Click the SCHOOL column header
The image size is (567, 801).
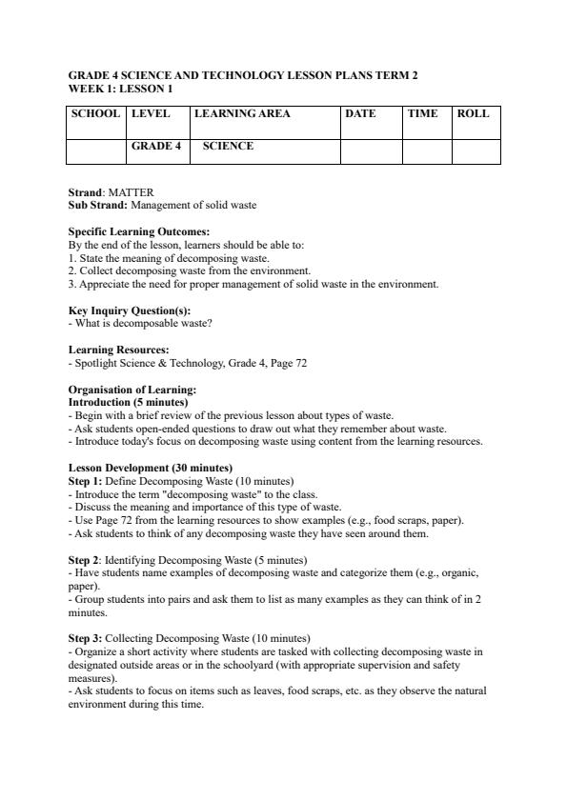coord(95,114)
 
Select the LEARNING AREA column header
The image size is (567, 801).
coord(242,114)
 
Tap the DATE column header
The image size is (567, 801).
coord(360,114)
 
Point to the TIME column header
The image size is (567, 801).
coord(422,114)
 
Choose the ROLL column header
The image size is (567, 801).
coord(473,114)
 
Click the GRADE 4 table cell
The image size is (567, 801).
coord(155,147)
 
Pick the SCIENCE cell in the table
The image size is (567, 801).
coord(228,147)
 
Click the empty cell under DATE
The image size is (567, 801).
coord(371,151)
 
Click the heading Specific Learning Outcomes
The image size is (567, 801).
coord(139,231)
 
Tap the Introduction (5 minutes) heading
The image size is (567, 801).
coord(127,402)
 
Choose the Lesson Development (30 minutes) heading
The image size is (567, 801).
coord(150,469)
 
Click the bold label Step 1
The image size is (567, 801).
coord(84,481)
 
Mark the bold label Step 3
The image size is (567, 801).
coord(84,638)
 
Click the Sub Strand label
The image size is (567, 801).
coord(98,205)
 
